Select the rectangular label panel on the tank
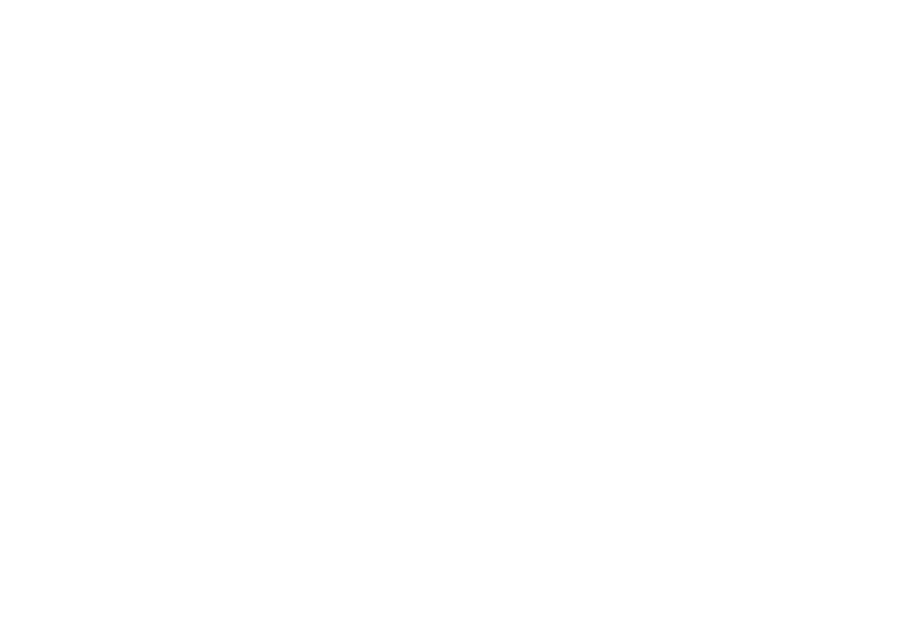click(322, 256)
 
